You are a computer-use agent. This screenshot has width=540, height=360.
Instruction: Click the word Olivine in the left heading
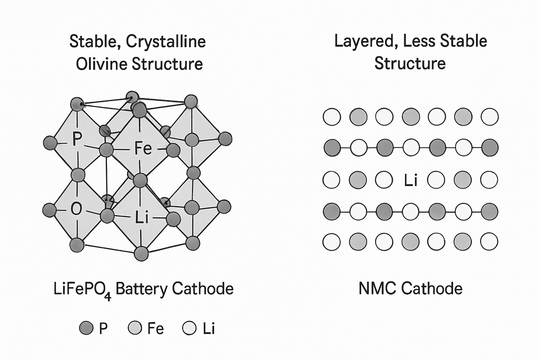[102, 64]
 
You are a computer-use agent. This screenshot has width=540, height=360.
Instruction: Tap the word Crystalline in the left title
[166, 41]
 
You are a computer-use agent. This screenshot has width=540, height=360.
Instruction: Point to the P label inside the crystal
[76, 139]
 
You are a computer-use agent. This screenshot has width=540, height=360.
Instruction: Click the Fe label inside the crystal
[143, 148]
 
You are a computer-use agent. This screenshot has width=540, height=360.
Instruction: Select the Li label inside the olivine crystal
[141, 217]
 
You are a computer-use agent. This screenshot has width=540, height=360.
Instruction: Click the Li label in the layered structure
[410, 180]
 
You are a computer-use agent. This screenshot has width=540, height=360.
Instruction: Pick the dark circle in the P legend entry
[86, 328]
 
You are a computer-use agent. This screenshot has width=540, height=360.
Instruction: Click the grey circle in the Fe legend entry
[135, 328]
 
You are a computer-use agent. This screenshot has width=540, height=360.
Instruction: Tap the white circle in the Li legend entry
[189, 328]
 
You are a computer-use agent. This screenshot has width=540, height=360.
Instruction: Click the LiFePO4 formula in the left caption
[82, 289]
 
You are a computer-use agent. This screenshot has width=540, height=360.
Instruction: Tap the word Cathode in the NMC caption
[432, 289]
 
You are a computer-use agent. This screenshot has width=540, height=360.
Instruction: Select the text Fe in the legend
[156, 328]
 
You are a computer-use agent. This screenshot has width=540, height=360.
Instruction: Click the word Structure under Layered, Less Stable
[410, 63]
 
